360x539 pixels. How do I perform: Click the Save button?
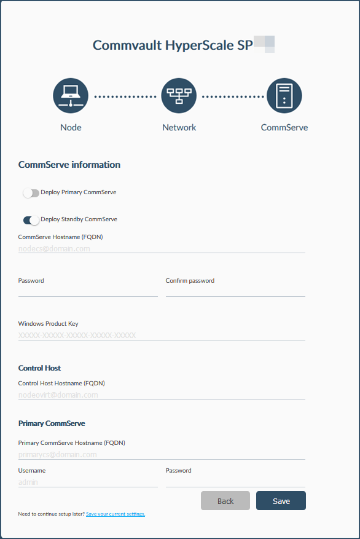point(281,501)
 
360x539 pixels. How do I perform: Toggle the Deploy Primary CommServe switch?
point(31,193)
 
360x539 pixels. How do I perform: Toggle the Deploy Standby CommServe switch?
point(31,220)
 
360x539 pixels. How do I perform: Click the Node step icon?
point(71,96)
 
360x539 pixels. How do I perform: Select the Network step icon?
point(179,96)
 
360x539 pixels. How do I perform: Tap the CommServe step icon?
point(284,96)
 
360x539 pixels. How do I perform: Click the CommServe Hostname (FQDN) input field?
point(162,249)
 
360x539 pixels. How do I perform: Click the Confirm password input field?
point(235,291)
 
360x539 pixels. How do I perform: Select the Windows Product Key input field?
point(162,336)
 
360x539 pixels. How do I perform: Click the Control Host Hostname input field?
point(162,395)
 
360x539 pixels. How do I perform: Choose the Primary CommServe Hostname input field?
point(162,455)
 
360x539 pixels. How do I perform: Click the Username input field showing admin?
point(88,482)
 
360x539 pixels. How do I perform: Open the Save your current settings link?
point(115,514)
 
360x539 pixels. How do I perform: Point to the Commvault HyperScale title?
point(173,45)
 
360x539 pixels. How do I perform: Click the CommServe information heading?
point(69,165)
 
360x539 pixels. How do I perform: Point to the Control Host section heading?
point(39,368)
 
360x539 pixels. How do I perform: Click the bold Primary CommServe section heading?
point(52,423)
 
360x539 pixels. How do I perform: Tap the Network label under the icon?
point(179,127)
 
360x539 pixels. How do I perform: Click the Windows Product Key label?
point(49,323)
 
